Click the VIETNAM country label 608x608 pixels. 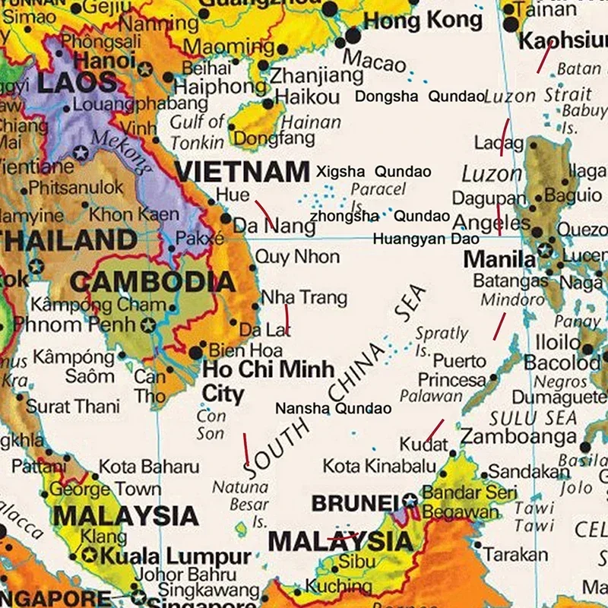point(242,171)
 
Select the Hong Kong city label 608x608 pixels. point(423,21)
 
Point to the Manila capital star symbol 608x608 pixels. point(544,250)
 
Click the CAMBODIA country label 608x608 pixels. point(152,282)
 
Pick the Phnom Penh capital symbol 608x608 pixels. point(149,326)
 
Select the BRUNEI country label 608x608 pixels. point(356,502)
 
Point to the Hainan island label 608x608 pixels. point(311,122)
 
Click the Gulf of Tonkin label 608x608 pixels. point(197,131)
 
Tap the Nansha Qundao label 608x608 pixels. point(333,409)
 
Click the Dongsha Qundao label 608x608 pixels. point(420,97)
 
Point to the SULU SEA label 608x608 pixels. point(533,417)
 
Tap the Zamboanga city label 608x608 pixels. point(518,437)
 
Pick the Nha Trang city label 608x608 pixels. point(303,297)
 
